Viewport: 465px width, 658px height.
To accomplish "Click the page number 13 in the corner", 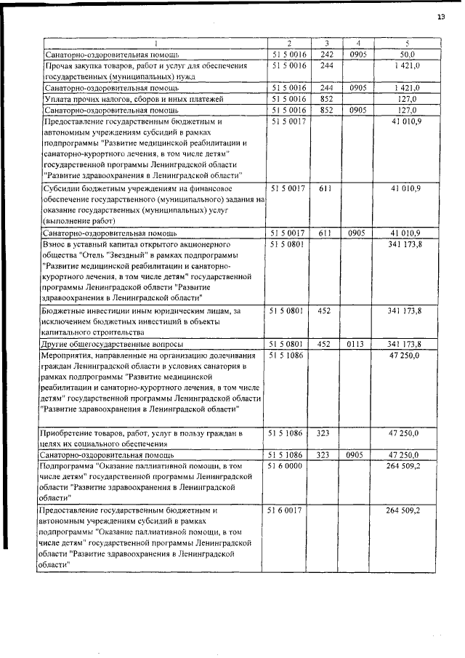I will click(440, 16).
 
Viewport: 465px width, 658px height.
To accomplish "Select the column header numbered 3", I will click(327, 44).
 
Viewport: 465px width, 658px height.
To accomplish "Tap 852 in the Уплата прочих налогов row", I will click(327, 99).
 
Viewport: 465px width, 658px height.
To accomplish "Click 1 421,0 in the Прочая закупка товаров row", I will click(407, 65).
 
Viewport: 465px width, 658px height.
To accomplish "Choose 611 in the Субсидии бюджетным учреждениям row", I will click(325, 188).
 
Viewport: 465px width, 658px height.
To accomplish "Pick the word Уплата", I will click(58, 99).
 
